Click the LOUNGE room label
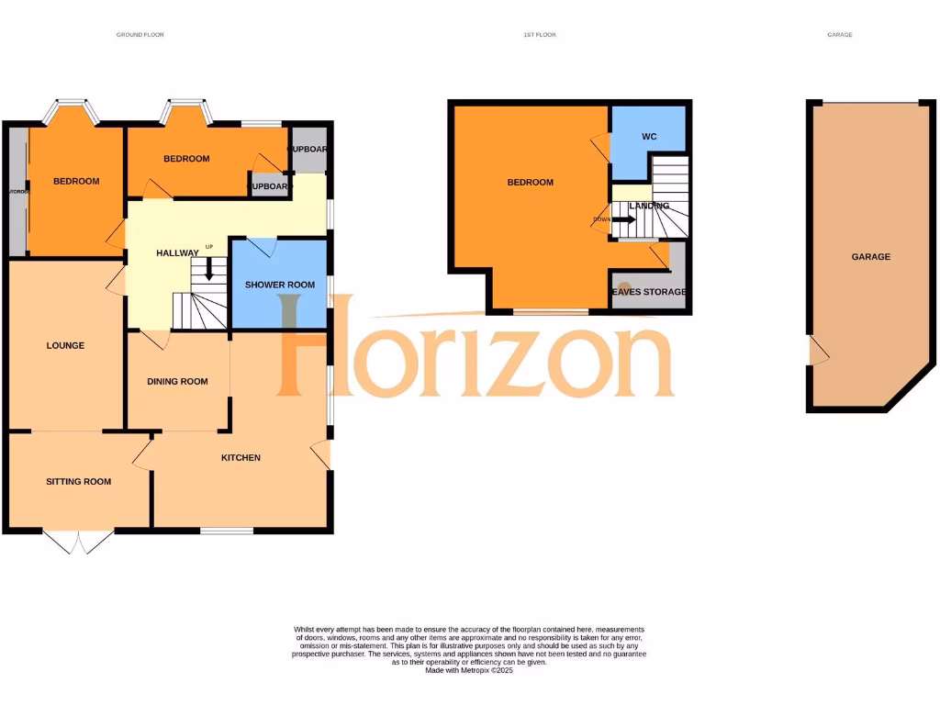[65, 346]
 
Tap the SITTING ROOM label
[79, 481]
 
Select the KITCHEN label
[241, 457]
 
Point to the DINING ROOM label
[178, 382]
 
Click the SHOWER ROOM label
[279, 285]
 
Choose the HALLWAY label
[177, 253]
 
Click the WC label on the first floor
[649, 137]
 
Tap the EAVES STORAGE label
[649, 292]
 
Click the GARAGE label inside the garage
[870, 257]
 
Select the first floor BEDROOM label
[531, 182]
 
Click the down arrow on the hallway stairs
[209, 268]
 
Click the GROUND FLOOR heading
[140, 35]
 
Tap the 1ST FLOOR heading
[539, 35]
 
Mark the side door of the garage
[816, 350]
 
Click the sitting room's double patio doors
[80, 542]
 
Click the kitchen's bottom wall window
[227, 531]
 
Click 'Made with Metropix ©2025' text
[469, 671]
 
